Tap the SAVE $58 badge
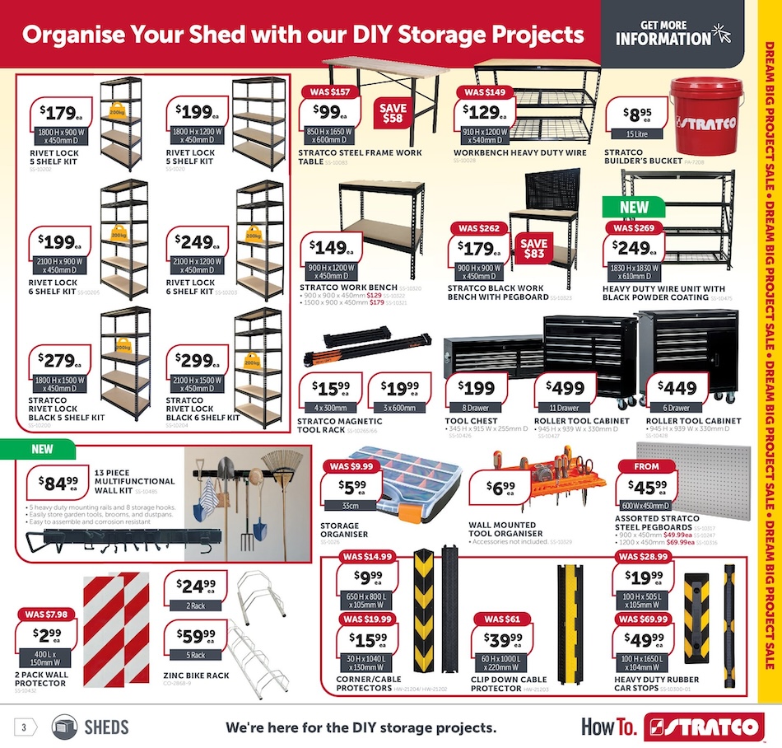(x=393, y=113)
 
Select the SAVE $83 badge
(x=533, y=249)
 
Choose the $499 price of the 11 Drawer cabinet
(x=564, y=388)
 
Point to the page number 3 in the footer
(x=25, y=727)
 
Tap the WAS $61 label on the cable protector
(x=500, y=619)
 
